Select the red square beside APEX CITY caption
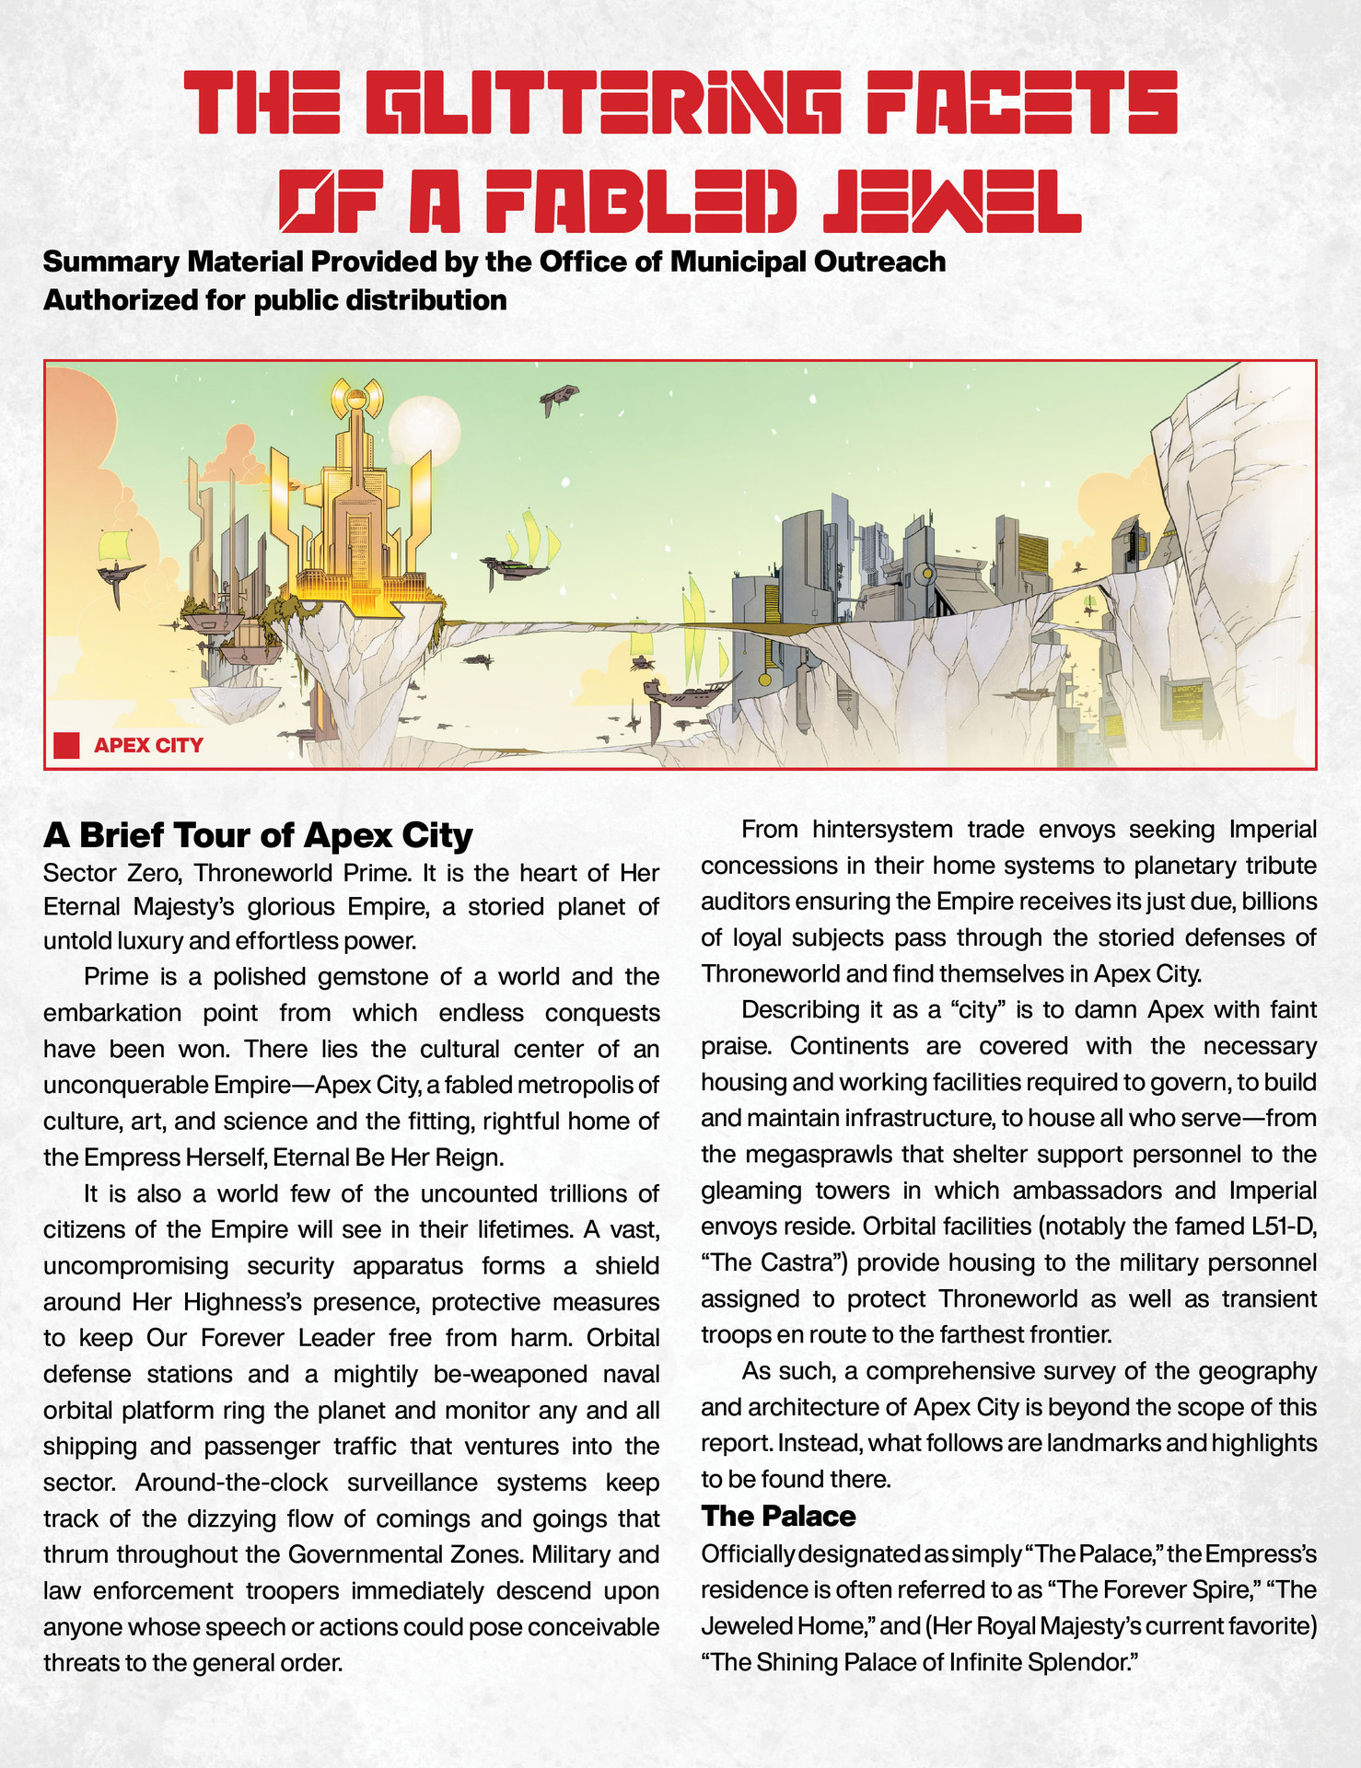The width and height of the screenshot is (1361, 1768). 66,745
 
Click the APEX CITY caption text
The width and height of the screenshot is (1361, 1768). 148,745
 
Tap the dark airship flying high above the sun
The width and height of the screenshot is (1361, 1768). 559,398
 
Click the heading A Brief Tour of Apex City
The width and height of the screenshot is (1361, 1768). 258,834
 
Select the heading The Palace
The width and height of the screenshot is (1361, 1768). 778,1516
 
